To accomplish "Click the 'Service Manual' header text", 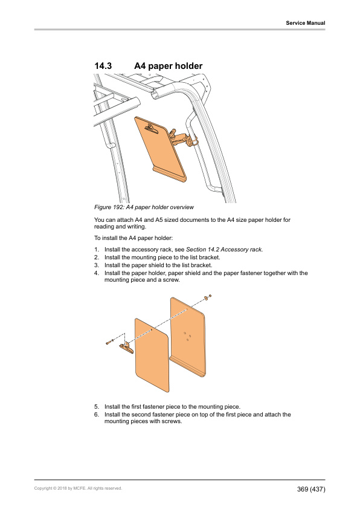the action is point(306,23).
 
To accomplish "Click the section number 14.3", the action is point(103,66).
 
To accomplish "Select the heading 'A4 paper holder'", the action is point(169,66).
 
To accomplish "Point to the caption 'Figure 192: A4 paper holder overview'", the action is point(144,207).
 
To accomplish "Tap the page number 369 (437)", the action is point(311,489).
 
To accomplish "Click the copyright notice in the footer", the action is point(78,488).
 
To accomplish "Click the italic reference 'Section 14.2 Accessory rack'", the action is point(223,250).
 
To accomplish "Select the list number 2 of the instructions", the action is point(96,258).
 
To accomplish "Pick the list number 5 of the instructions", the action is point(96,407).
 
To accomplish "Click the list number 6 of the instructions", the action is point(96,415).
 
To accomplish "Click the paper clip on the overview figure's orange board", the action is point(152,129).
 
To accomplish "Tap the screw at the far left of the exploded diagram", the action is point(109,342).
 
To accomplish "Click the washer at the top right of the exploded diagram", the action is point(206,297).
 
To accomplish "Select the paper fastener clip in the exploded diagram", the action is point(126,347).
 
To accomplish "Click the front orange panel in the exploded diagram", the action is point(152,355).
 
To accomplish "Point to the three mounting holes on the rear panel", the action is point(187,336).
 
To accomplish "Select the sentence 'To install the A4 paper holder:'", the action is point(133,238).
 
